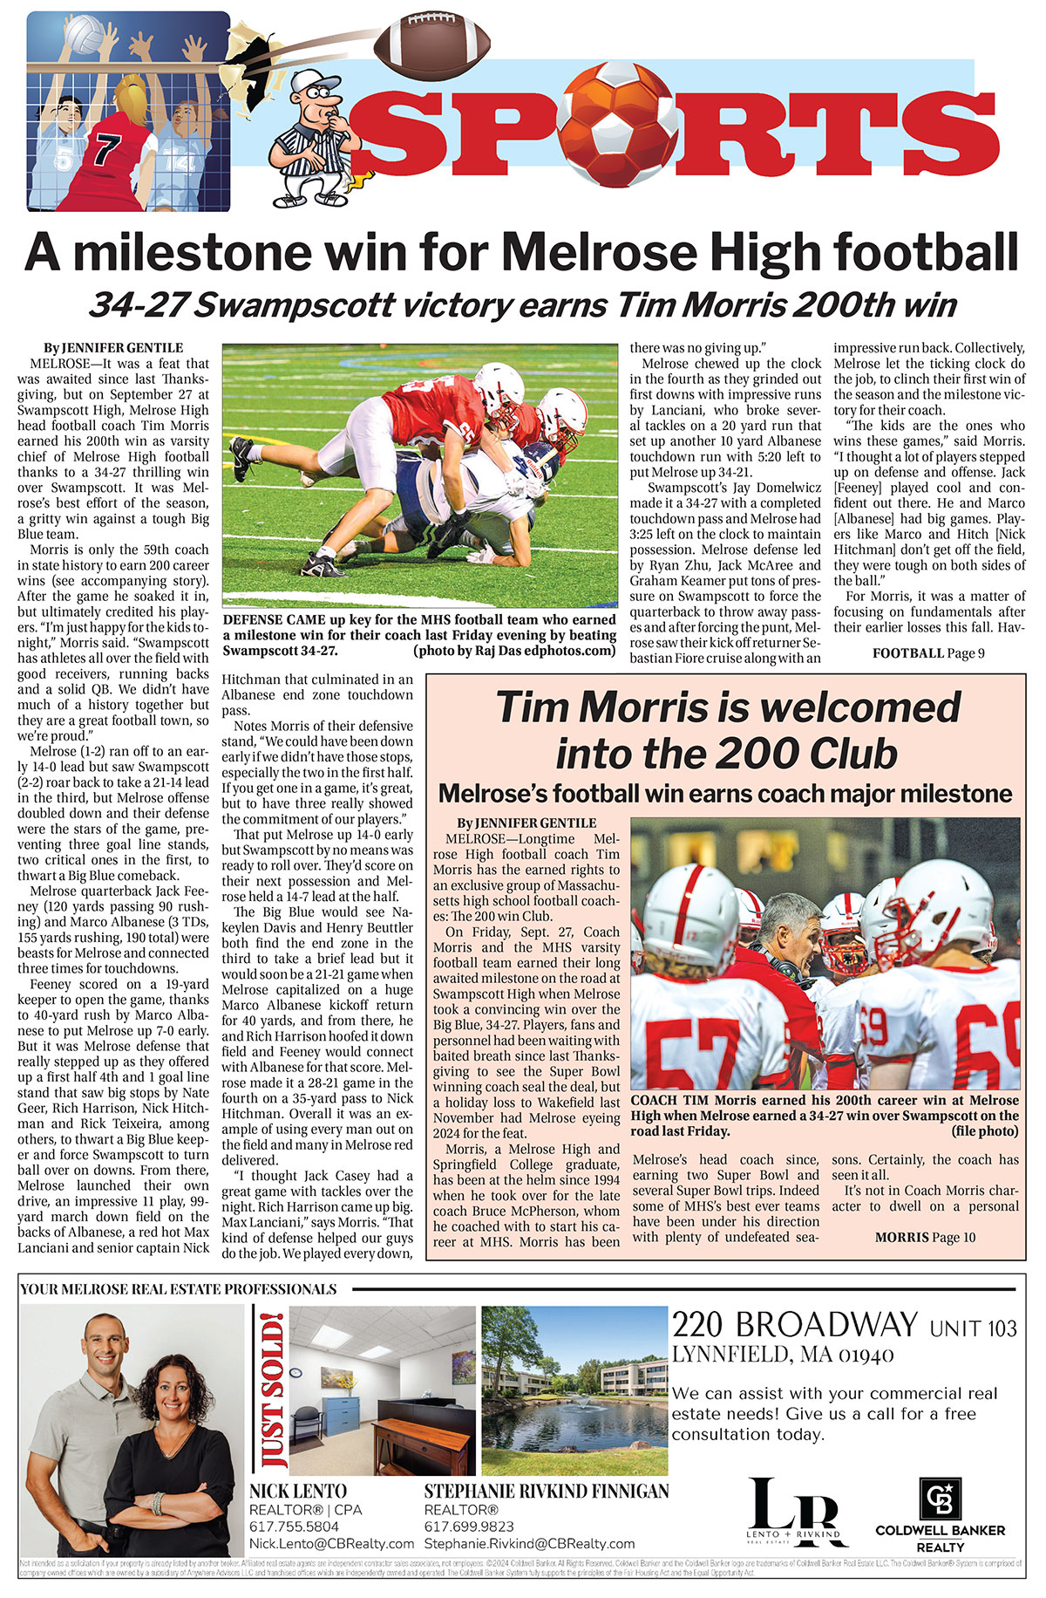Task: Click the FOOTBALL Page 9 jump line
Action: (928, 652)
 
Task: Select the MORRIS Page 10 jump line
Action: (925, 1237)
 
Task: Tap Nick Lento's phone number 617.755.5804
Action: (294, 1526)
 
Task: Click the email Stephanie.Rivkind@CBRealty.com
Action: (529, 1544)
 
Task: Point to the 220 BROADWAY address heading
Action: (794, 1326)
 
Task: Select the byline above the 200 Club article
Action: (526, 823)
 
